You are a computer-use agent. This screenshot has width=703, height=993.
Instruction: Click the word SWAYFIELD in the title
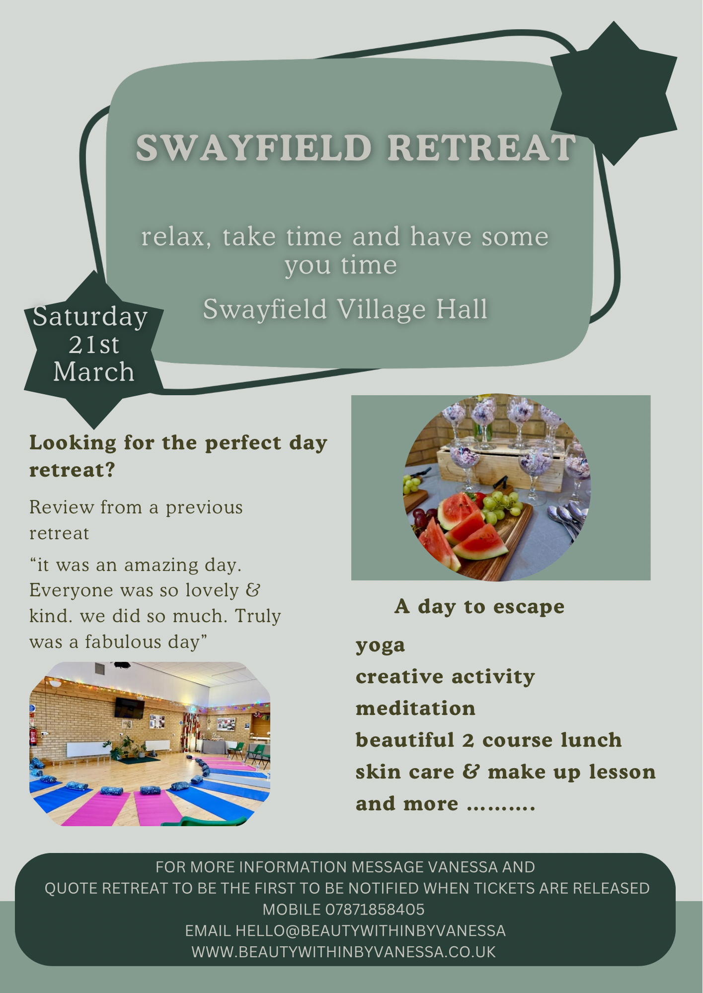coord(254,148)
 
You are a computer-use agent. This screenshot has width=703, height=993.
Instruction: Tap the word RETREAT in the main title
coord(481,148)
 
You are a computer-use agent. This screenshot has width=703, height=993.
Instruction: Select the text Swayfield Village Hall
coord(345,309)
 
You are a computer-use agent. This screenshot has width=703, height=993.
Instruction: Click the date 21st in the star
coord(94,345)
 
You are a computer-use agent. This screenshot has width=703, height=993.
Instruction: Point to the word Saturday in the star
coord(90,317)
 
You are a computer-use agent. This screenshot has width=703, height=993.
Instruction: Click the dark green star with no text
coord(614,93)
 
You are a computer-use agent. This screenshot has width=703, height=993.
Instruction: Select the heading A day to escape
coord(479,606)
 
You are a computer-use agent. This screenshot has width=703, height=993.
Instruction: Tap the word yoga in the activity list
coord(381,645)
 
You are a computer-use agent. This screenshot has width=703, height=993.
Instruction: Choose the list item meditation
coord(416,709)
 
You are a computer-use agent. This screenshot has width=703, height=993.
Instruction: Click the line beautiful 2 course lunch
coord(489,740)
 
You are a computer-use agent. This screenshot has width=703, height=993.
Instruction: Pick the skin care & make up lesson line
coord(506,772)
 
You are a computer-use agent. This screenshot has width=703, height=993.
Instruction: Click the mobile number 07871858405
coord(375,910)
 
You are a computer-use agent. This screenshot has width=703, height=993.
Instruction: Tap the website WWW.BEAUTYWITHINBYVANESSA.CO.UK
coord(344,952)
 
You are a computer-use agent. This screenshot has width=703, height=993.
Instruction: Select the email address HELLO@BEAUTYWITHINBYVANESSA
coord(371,930)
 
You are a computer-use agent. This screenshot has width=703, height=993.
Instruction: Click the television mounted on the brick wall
coord(129,707)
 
